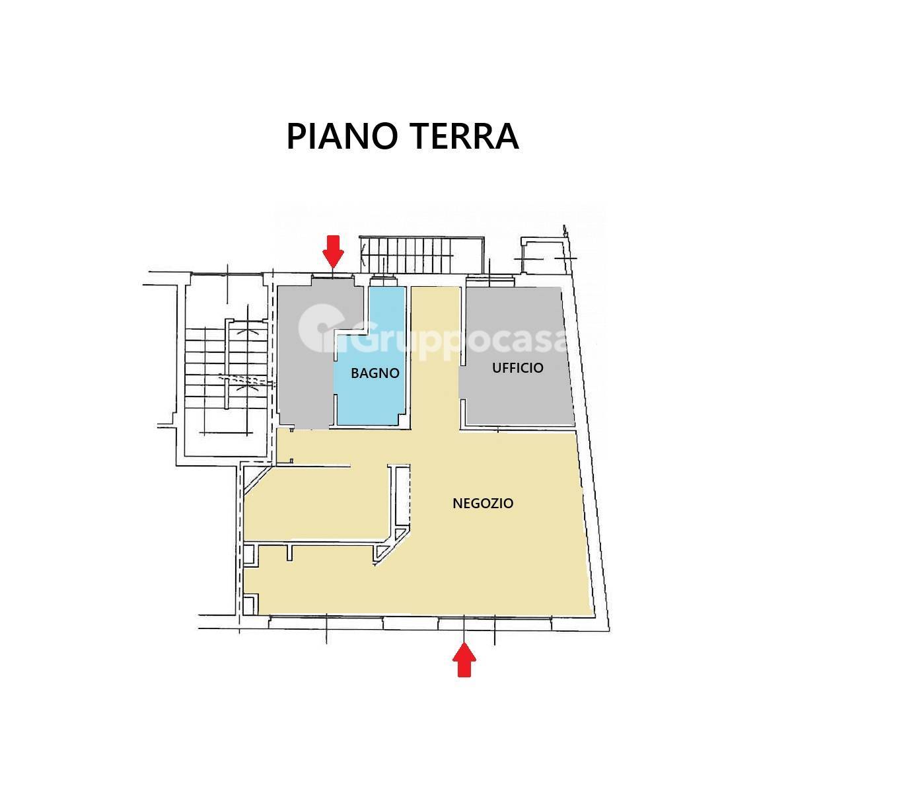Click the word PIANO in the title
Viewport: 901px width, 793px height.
(342, 136)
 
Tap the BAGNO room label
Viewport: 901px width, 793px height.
(375, 373)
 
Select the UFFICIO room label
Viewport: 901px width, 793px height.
(517, 368)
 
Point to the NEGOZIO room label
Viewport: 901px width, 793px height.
(483, 504)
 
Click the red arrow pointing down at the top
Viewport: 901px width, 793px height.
(333, 251)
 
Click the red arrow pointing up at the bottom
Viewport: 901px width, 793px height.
(464, 661)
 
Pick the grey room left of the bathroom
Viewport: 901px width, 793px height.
(304, 383)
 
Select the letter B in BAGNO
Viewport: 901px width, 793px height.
(355, 373)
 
